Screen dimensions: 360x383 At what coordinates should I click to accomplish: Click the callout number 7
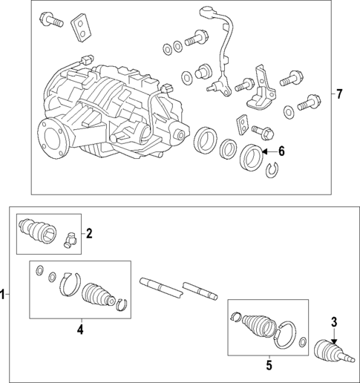coord(339,94)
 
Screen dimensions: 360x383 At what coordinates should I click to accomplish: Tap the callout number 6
coord(281,151)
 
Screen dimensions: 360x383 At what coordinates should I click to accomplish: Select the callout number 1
coord(2,294)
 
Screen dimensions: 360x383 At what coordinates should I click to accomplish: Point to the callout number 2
coord(89,234)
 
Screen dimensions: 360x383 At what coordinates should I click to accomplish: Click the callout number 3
coord(334,322)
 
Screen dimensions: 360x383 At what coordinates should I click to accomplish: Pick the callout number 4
coord(80,330)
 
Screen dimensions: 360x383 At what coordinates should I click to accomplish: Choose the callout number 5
coord(269,365)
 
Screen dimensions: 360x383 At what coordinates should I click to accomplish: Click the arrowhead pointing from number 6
coord(264,151)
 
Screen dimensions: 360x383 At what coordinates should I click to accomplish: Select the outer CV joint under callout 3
coord(335,352)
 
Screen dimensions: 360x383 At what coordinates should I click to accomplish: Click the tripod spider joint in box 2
coord(70,240)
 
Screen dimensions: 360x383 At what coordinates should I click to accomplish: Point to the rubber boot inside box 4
coord(98,294)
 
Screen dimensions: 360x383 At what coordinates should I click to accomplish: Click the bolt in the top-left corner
coord(50,19)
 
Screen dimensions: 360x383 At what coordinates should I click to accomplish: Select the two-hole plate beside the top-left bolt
coord(82,27)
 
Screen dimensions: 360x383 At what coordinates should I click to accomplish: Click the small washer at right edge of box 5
coord(303,342)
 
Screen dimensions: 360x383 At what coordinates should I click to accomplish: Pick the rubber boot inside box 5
coord(258,325)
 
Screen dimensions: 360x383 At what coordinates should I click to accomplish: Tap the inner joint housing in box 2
coord(38,229)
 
